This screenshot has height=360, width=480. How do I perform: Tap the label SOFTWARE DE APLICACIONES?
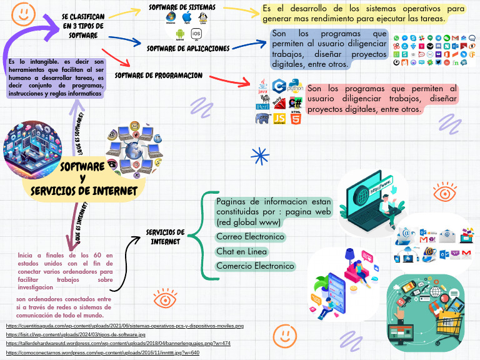pyautogui.click(x=188, y=48)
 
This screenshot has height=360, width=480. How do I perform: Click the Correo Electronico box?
pyautogui.click(x=250, y=237)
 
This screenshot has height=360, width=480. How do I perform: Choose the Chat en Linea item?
pyautogui.click(x=242, y=251)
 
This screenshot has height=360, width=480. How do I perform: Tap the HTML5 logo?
pyautogui.click(x=296, y=117)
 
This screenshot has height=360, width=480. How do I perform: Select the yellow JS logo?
pyautogui.click(x=280, y=117)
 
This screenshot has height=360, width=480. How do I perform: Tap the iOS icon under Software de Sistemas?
pyautogui.click(x=196, y=34)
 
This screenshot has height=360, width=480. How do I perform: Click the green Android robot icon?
pyautogui.click(x=180, y=34)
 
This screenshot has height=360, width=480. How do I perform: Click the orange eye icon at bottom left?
pyautogui.click(x=164, y=299)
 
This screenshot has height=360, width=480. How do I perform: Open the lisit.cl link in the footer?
pyautogui.click(x=76, y=335)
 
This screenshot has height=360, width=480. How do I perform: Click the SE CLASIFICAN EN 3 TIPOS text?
pyautogui.click(x=83, y=26)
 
